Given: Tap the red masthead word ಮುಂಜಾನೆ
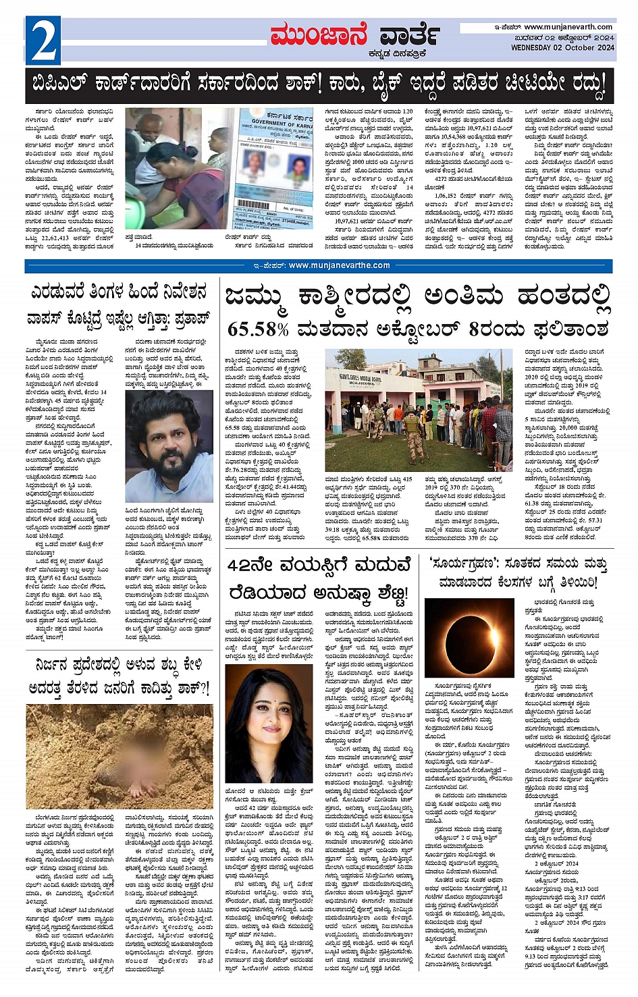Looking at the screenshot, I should coord(319,35).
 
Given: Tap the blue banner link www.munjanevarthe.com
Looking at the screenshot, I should coord(339,265).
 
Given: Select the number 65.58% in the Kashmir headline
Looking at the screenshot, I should coord(258,329).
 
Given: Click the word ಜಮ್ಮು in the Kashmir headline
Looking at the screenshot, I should coord(261,297).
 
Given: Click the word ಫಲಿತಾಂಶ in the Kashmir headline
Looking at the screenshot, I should coord(571,329).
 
